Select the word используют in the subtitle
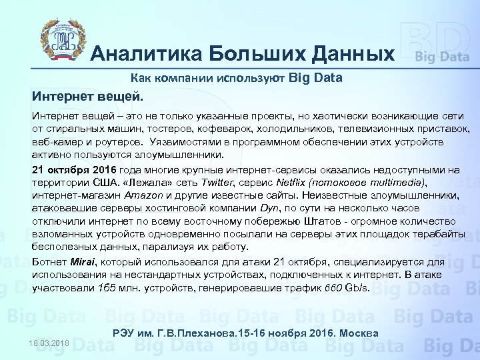click(253, 78)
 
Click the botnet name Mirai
click(81, 263)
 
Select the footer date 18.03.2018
click(50, 342)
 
